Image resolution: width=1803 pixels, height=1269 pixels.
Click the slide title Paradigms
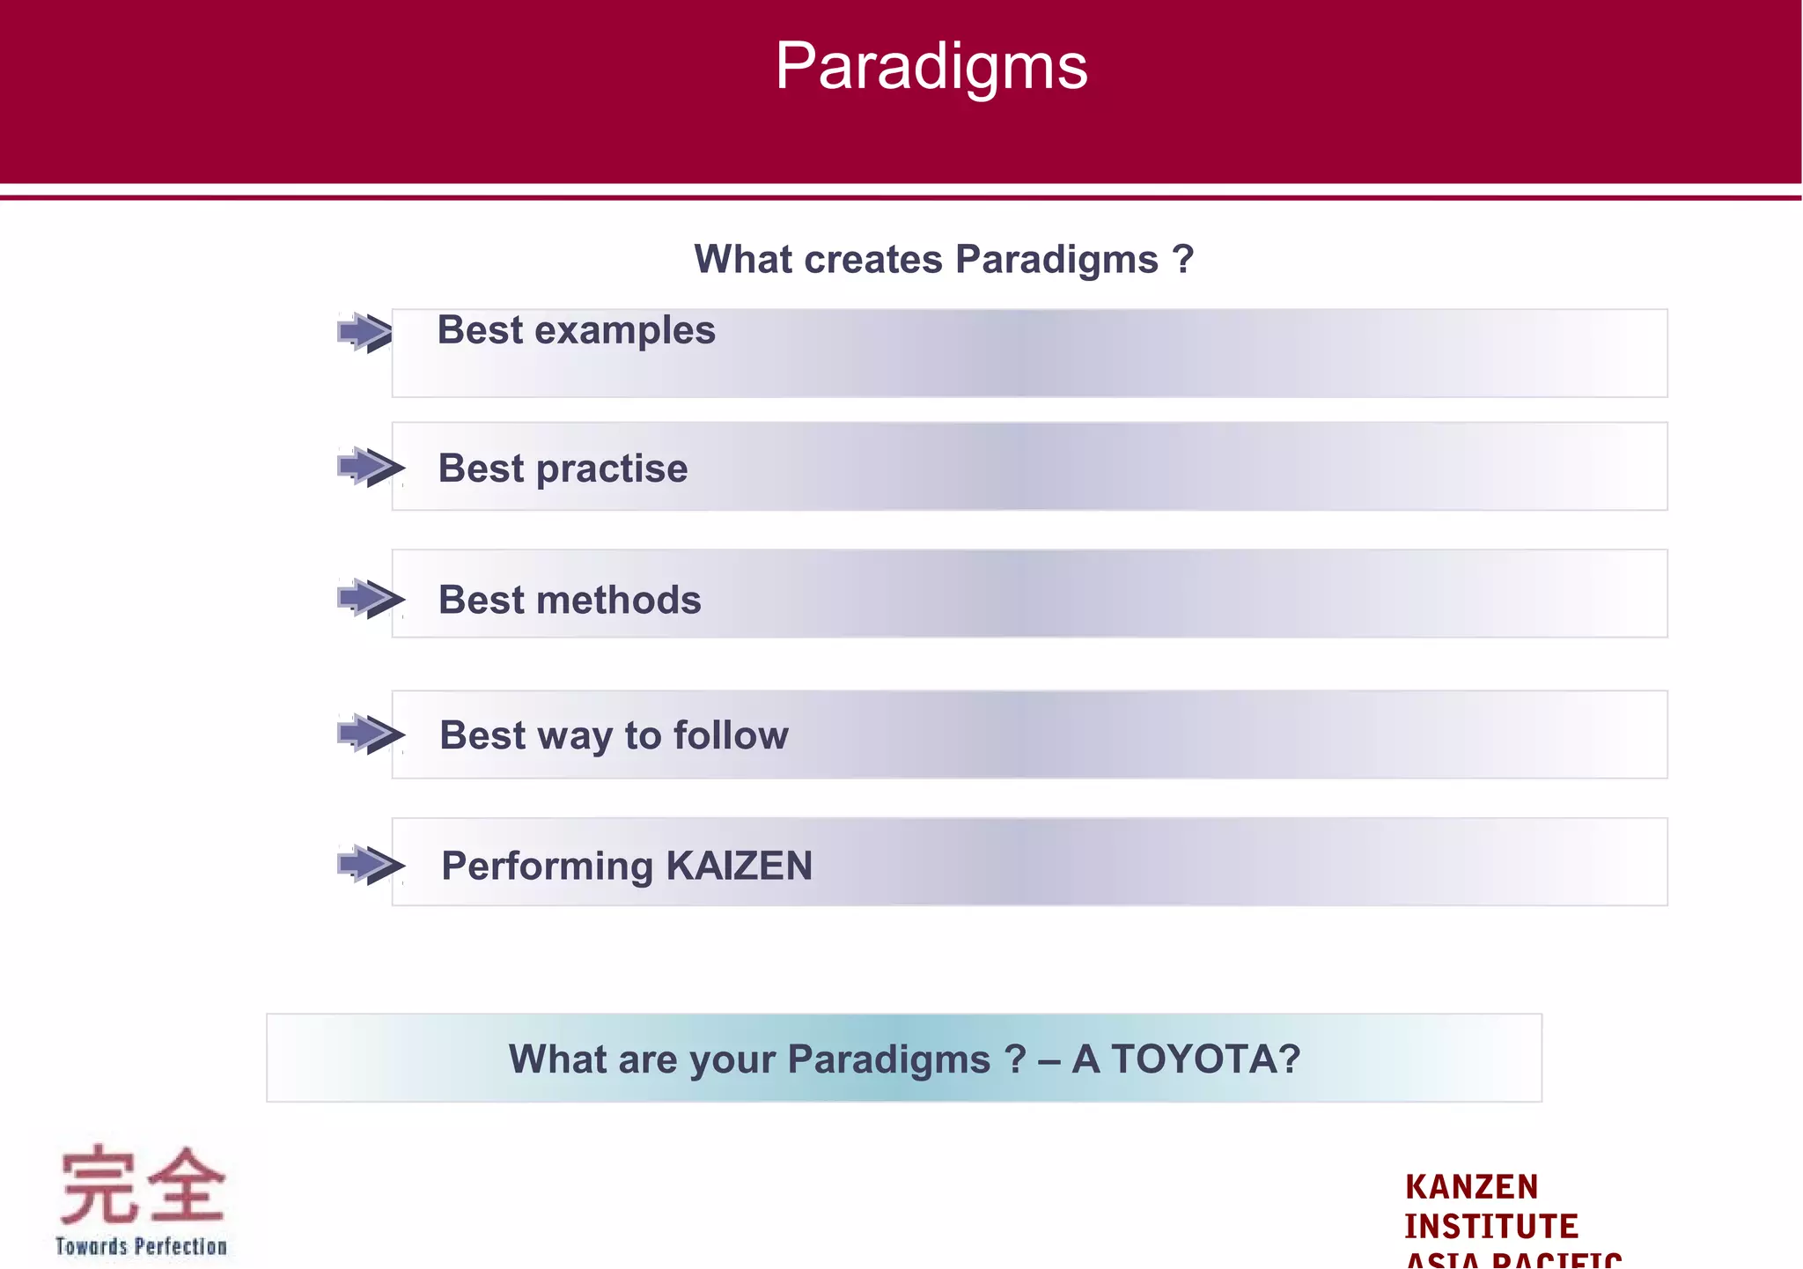tap(931, 66)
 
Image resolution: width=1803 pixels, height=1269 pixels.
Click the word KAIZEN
tap(739, 866)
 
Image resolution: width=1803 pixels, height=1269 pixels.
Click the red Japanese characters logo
tap(142, 1184)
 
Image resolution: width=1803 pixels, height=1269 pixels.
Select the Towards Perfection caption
tap(141, 1246)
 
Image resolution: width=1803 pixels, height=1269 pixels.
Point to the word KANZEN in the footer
tap(1471, 1187)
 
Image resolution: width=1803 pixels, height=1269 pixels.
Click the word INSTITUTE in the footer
tap(1490, 1227)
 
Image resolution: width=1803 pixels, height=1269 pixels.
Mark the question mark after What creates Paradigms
tap(1183, 260)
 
